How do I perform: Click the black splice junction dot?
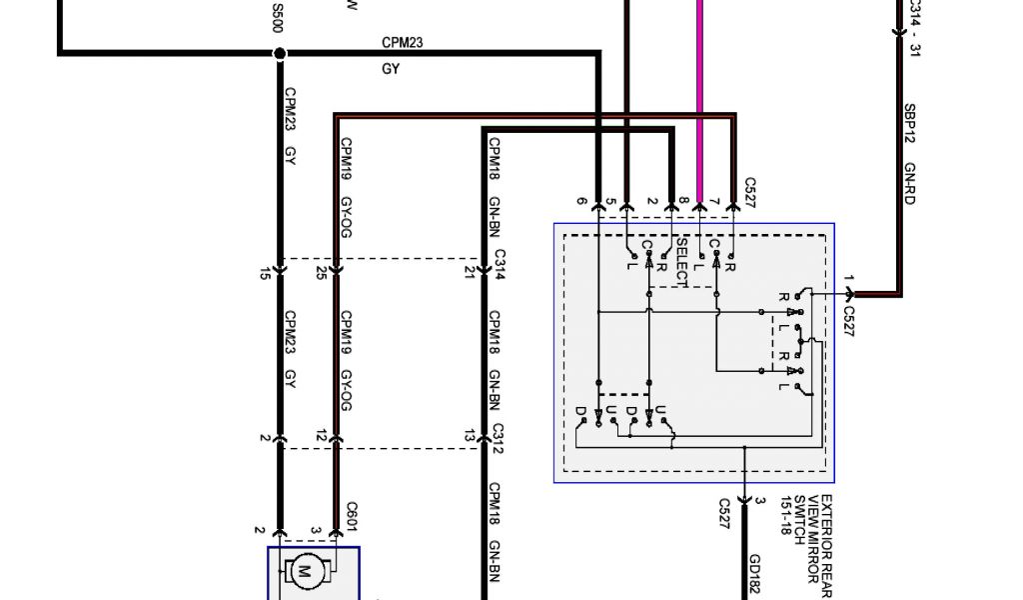280,52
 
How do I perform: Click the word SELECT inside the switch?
682,261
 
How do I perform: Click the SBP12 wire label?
910,121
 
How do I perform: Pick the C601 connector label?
352,517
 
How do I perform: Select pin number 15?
265,272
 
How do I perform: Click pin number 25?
321,272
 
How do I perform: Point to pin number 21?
469,272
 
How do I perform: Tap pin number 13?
469,436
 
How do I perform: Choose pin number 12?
321,436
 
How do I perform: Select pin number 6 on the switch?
582,202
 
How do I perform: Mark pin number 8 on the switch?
683,202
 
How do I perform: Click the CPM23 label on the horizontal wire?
403,43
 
